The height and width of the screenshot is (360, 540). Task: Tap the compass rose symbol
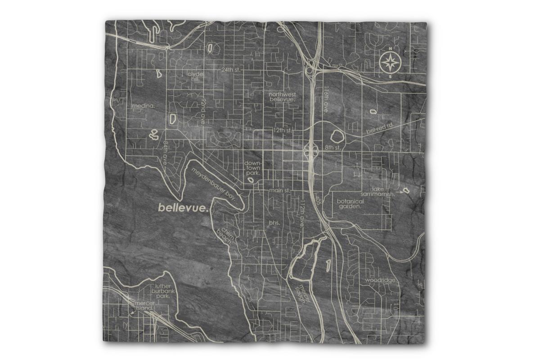[x=390, y=63]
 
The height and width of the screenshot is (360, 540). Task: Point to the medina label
[x=144, y=106]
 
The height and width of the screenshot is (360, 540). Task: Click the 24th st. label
[x=232, y=70]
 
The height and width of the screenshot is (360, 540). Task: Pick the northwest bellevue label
[x=282, y=97]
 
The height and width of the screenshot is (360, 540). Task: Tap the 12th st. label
[x=283, y=130]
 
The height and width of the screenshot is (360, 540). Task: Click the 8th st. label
[x=333, y=147]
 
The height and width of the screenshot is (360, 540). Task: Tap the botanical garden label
[x=350, y=204]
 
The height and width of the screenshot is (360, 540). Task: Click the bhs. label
[x=274, y=223]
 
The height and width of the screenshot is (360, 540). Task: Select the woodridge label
[x=381, y=280]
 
